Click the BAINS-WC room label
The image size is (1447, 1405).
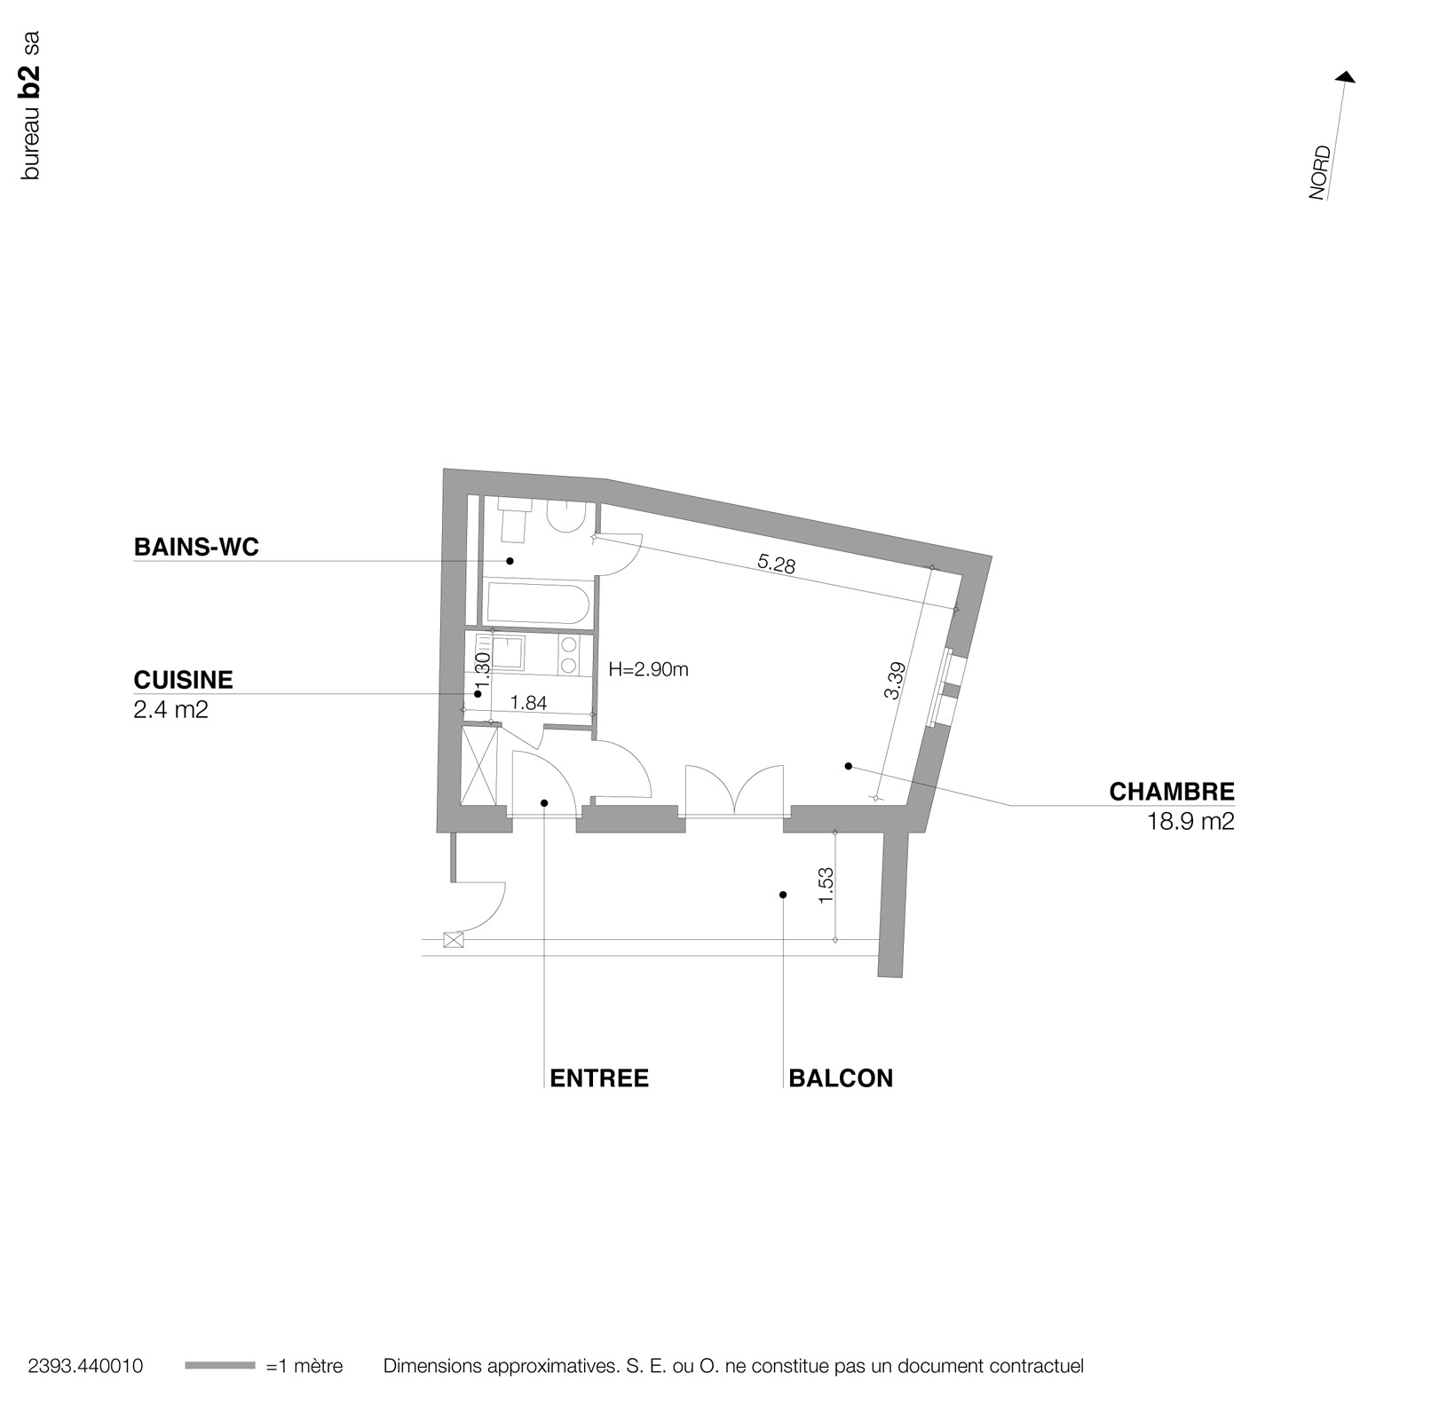click(196, 547)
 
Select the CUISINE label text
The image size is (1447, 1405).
click(183, 680)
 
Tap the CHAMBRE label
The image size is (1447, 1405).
click(1171, 791)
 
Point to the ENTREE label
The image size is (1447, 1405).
click(599, 1077)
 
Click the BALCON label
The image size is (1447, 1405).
click(840, 1077)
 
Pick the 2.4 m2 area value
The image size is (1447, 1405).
click(170, 710)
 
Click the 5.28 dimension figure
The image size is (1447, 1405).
click(777, 564)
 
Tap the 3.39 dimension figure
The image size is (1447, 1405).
click(894, 681)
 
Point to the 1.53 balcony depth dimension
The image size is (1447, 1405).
click(826, 885)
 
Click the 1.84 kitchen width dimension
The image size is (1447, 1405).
click(529, 703)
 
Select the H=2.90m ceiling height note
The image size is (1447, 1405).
click(648, 669)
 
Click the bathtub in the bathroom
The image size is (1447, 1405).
click(535, 604)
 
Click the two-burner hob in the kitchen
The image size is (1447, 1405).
click(568, 654)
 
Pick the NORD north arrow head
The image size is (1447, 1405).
click(1347, 78)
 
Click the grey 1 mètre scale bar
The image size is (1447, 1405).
click(219, 1366)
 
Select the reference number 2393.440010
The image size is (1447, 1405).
click(85, 1366)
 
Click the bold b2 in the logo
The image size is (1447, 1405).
click(31, 79)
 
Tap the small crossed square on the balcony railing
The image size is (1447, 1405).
click(454, 940)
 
